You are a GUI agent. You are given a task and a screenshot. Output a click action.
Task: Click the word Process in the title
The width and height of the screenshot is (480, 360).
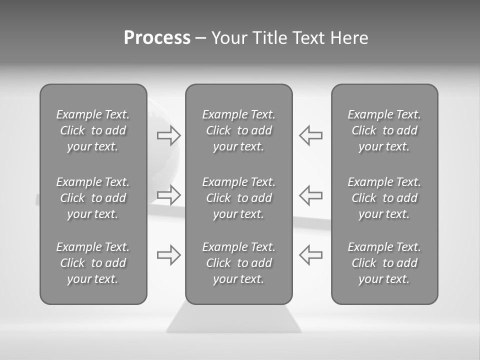tap(157, 38)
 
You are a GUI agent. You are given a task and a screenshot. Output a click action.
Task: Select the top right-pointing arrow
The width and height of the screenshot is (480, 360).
tap(169, 135)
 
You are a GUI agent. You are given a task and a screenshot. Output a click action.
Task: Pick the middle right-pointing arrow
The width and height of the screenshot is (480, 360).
tap(169, 194)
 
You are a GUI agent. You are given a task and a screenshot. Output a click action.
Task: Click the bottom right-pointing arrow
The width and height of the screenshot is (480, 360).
tap(169, 254)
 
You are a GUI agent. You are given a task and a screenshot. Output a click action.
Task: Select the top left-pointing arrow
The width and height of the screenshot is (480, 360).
tap(310, 135)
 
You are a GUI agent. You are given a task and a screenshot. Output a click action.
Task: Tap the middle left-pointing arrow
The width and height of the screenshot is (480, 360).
tap(310, 194)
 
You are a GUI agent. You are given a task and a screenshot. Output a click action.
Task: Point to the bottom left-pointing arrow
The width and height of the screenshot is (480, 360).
tap(310, 254)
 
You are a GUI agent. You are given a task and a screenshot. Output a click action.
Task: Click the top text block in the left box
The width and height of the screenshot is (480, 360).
tap(93, 130)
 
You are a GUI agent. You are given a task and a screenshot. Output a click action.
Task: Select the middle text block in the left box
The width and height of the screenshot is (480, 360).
tap(93, 198)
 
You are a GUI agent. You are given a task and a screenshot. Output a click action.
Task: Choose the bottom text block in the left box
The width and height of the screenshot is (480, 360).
tap(93, 263)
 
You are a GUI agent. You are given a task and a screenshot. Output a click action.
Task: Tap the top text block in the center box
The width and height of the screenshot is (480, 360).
tap(238, 130)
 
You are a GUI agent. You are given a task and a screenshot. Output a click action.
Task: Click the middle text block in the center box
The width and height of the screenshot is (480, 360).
tap(238, 198)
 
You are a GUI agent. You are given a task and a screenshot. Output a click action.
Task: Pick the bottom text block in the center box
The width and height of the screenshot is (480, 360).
tap(238, 263)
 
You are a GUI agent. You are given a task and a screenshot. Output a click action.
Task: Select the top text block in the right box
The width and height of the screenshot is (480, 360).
tap(384, 130)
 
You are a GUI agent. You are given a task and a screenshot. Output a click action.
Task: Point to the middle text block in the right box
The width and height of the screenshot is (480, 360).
tap(384, 198)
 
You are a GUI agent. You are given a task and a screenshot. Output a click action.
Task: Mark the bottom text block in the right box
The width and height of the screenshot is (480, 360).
tap(384, 263)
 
